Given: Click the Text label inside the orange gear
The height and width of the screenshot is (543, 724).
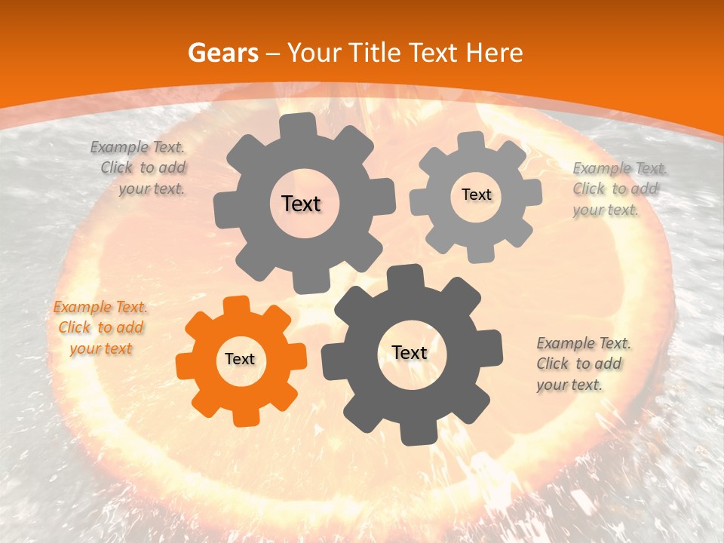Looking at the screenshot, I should click(x=240, y=360).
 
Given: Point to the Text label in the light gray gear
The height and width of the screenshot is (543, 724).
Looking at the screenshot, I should click(x=476, y=195).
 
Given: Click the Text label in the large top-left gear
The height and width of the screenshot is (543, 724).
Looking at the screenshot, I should click(x=301, y=204).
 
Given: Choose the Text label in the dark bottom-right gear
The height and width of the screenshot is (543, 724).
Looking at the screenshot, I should click(x=410, y=353).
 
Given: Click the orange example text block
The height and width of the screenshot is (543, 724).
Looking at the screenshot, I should click(x=100, y=327).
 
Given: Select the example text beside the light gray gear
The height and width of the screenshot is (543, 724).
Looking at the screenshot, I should click(x=615, y=189).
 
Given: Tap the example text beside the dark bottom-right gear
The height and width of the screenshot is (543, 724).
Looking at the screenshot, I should click(x=582, y=364).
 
